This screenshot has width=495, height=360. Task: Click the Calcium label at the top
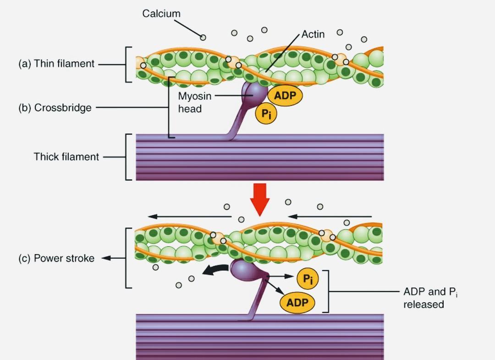click(161, 14)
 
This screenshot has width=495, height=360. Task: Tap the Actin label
click(313, 35)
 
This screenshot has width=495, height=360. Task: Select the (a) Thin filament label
click(56, 64)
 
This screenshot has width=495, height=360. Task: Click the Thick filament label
click(66, 157)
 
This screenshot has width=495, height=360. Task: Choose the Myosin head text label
click(194, 103)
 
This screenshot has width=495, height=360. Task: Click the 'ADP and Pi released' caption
click(430, 298)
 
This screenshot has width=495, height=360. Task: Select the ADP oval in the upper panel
click(285, 95)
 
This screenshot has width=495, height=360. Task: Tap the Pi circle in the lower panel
click(308, 279)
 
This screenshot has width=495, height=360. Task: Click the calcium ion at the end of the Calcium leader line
click(203, 37)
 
